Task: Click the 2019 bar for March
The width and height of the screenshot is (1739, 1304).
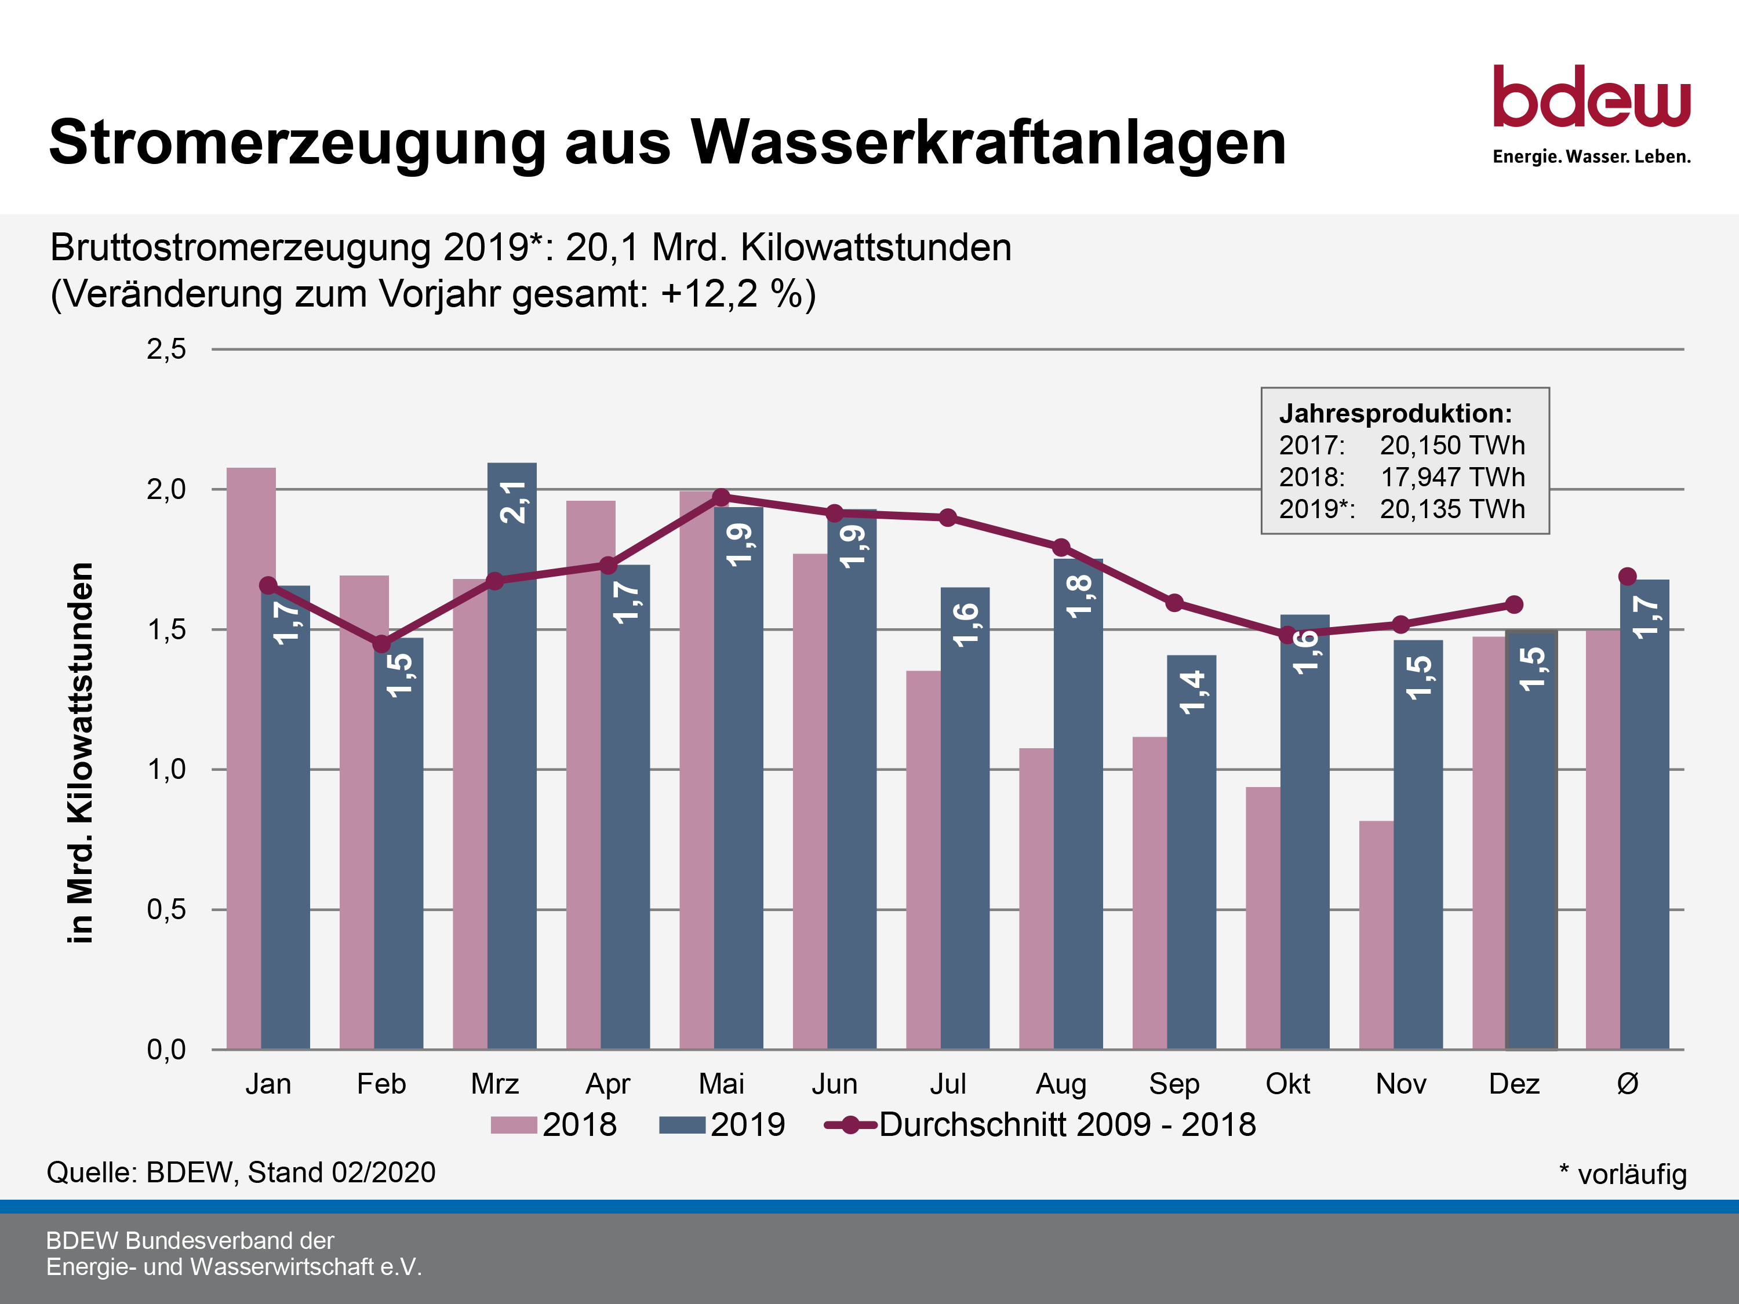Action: coord(512,755)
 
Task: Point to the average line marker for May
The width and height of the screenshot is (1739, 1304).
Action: coord(721,497)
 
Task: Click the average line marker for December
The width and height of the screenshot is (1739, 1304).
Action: coord(1514,604)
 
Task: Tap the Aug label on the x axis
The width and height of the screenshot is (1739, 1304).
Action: coord(1061,1084)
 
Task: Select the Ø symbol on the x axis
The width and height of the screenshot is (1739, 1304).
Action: coord(1627,1084)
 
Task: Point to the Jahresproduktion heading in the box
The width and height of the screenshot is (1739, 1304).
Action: coord(1395,413)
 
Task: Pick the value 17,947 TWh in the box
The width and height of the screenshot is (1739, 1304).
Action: coord(1452,477)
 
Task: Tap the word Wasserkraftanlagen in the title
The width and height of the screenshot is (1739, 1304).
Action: coord(988,142)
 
